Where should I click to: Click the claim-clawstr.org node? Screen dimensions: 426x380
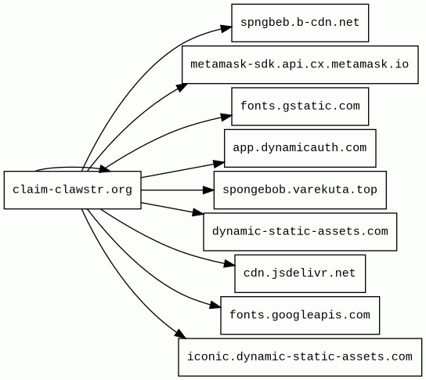point(73,190)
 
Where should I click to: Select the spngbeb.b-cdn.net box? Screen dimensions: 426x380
point(300,23)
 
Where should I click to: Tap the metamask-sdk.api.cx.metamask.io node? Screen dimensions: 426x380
point(300,65)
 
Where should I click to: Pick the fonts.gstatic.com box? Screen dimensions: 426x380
point(300,107)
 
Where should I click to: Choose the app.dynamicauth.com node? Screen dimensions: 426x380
point(300,148)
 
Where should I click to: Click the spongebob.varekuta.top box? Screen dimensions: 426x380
point(300,190)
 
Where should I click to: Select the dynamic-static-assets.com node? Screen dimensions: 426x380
point(300,232)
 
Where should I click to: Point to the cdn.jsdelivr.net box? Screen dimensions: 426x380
point(300,273)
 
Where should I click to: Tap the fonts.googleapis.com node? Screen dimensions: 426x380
point(300,315)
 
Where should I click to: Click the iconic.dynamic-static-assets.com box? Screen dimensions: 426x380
point(300,357)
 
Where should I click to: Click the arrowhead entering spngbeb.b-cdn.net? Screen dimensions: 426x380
point(226,28)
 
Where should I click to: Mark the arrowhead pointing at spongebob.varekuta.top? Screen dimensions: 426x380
point(208,190)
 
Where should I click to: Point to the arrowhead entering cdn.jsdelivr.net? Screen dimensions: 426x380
point(229,264)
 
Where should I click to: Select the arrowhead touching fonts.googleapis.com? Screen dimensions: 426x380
point(215,306)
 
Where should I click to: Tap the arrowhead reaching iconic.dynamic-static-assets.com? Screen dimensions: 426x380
point(180,334)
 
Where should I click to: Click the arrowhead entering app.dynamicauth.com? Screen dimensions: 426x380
point(219,164)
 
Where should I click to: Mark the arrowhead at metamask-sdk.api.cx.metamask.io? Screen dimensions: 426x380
point(182,88)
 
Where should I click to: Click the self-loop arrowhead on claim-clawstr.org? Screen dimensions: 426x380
point(105,169)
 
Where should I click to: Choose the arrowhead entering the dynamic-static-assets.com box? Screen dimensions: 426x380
point(198,212)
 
